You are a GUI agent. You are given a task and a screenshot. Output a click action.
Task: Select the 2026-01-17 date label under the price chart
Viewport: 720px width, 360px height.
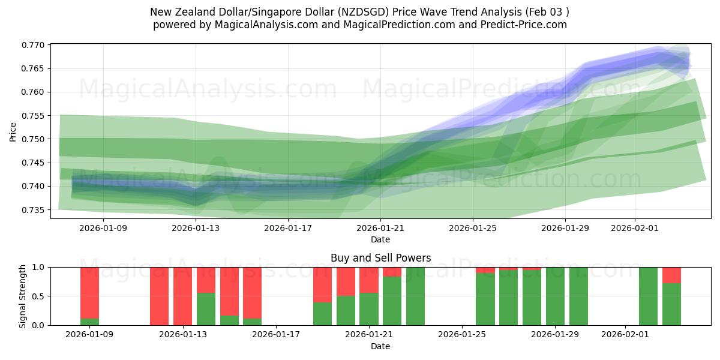[x=288, y=228]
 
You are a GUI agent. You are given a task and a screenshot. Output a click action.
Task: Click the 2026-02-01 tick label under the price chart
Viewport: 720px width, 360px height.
[x=635, y=228]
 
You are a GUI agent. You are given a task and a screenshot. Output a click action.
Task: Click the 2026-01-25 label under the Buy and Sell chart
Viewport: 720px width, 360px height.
[x=463, y=334]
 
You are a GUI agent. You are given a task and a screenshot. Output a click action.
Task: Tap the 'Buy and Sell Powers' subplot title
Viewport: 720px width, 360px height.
[x=380, y=258]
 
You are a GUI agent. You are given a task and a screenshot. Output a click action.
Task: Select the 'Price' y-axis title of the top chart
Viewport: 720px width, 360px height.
[x=13, y=131]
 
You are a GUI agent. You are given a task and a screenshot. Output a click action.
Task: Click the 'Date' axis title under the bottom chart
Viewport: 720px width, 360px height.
[x=380, y=346]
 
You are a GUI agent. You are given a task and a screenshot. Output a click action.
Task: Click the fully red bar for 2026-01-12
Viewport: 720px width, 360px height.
[x=159, y=296]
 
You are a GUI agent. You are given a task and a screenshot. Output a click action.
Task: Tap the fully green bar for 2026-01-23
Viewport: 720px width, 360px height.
[x=415, y=296]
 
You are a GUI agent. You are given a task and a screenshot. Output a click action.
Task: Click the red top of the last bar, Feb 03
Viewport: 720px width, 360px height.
[x=671, y=275]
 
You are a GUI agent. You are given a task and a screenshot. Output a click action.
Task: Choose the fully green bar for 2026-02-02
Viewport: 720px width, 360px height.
[x=648, y=296]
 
